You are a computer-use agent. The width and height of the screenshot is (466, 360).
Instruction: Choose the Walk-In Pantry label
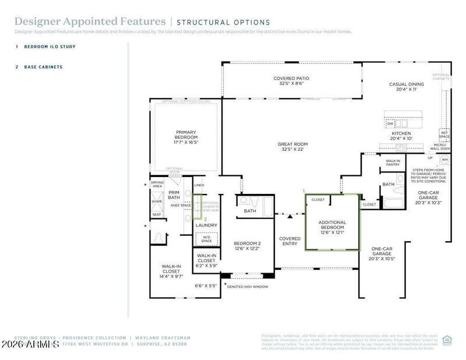tap(393, 163)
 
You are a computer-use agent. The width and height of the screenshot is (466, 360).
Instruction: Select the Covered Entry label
tap(290, 241)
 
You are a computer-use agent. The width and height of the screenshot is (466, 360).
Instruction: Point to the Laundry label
tap(206, 225)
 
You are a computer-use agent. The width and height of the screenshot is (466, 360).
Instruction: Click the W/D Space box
tap(206, 238)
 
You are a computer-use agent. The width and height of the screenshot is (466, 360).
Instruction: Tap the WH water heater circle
tap(444, 159)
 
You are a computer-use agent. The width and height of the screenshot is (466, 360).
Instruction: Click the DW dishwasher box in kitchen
tap(390, 123)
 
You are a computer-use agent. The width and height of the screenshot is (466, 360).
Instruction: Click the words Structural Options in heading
tap(224, 23)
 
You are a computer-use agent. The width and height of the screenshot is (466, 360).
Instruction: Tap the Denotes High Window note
tap(246, 286)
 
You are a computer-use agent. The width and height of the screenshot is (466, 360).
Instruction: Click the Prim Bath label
tap(174, 195)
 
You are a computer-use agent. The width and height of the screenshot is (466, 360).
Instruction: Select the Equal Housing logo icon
tap(447, 340)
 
